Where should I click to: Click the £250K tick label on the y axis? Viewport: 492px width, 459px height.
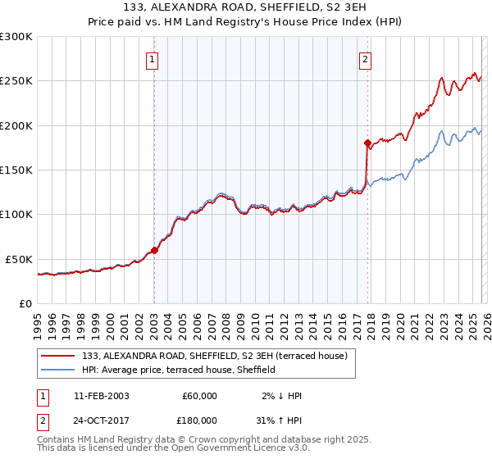tap(16, 81)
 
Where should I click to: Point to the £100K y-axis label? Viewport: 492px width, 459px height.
tap(16, 215)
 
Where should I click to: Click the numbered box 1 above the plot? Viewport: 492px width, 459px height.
tap(153, 59)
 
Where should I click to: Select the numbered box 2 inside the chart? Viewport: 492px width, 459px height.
tap(365, 59)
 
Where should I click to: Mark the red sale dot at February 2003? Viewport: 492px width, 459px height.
tap(155, 250)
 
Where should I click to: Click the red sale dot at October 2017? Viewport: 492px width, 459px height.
tap(367, 143)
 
